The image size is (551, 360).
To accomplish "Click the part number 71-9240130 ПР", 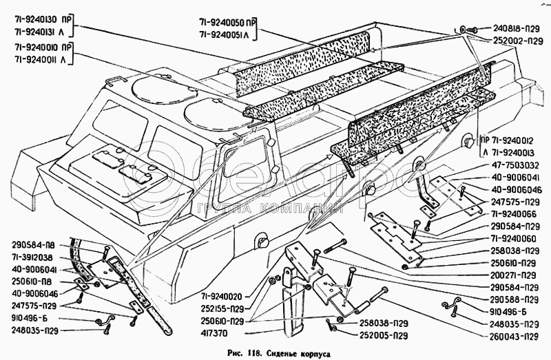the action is pyautogui.click(x=43, y=19).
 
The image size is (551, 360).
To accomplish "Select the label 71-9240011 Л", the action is pyautogui.click(x=41, y=59).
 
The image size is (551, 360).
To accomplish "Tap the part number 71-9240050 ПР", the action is pyautogui.click(x=227, y=23).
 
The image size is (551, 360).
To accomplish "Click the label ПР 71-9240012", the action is pyautogui.click(x=507, y=141).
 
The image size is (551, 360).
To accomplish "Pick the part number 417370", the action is pyautogui.click(x=214, y=333).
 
